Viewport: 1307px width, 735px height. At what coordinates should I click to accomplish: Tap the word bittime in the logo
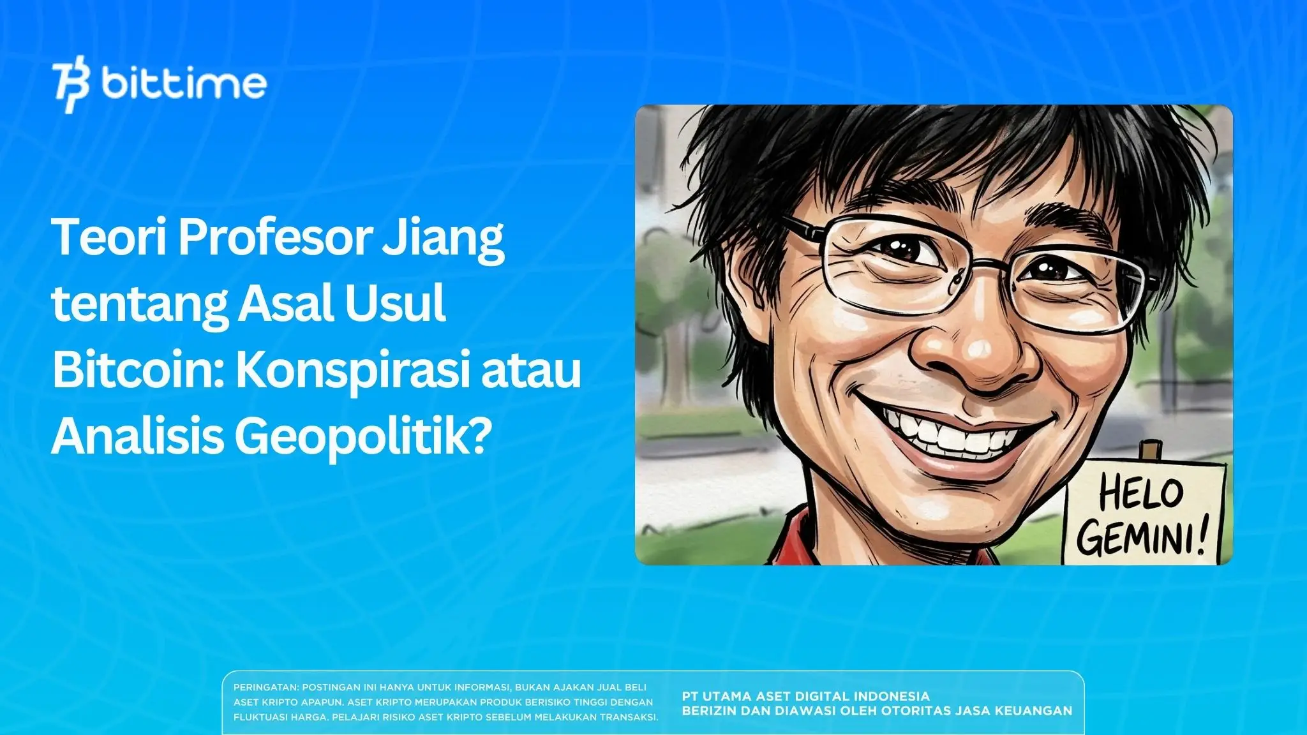pos(184,83)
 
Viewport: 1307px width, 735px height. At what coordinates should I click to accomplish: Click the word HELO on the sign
pos(1141,494)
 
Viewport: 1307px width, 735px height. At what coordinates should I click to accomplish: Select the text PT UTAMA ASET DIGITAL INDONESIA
pos(805,696)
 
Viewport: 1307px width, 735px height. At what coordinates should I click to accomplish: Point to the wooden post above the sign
pos(1149,450)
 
